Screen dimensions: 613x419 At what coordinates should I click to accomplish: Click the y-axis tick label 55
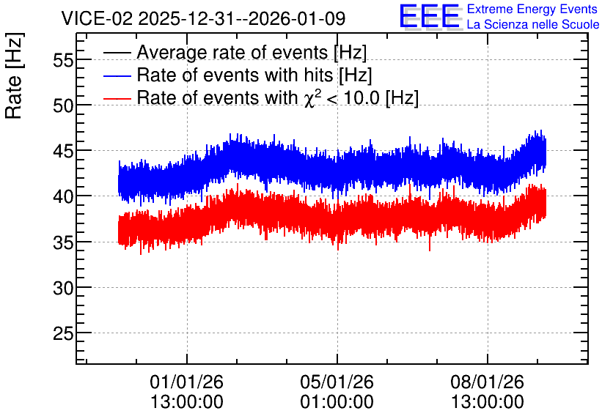tap(63, 60)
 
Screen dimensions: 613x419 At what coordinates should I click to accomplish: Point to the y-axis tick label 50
tap(63, 105)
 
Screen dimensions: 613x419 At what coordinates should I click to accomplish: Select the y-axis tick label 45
tap(63, 152)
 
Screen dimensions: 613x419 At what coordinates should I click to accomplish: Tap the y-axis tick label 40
tap(63, 197)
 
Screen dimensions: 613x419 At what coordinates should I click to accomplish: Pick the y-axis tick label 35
tap(63, 242)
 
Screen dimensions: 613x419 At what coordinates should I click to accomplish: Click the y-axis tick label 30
tap(63, 288)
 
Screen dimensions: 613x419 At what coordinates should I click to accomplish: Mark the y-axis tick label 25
tap(63, 334)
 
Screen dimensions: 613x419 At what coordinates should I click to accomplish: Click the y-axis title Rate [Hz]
tap(14, 75)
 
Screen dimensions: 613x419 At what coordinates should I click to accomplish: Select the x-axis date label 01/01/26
tap(186, 382)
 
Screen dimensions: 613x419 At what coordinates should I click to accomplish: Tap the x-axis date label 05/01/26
tap(337, 382)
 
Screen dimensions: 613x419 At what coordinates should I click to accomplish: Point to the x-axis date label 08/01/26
tap(487, 382)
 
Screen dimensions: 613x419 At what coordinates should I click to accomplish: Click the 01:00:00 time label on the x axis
tap(337, 402)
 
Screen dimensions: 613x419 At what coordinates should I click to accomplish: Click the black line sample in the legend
tap(117, 52)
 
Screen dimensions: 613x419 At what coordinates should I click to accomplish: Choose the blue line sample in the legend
tap(117, 75)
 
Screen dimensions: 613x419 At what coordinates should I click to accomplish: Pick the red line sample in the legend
tap(117, 98)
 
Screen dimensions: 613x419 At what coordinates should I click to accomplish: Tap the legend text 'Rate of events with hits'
tap(235, 75)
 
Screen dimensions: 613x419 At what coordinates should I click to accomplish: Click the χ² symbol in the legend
tap(312, 97)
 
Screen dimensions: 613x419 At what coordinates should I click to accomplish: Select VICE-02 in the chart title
tap(98, 18)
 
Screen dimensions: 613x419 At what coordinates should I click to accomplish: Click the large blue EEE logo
tap(430, 16)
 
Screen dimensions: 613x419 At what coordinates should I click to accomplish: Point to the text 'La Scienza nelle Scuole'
tap(533, 25)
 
